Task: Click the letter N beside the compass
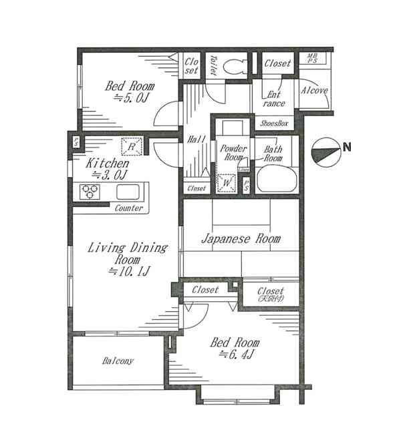click(348, 148)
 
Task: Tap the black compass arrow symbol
click(325, 152)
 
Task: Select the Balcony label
click(118, 361)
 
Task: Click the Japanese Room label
click(241, 238)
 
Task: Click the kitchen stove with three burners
click(91, 192)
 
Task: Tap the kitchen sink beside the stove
click(128, 192)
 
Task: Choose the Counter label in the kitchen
click(128, 208)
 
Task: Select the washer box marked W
click(226, 182)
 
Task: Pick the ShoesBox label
click(273, 124)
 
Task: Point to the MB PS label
click(312, 59)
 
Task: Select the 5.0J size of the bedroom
click(129, 98)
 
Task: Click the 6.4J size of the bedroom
click(239, 355)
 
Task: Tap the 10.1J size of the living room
click(128, 272)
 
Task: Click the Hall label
click(196, 140)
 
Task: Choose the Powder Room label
click(233, 153)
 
